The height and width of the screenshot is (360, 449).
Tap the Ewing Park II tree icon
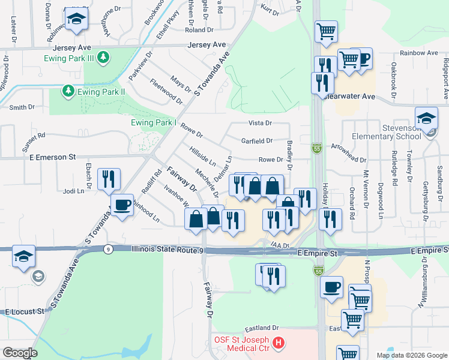68,91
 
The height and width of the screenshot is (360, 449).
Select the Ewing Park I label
154,123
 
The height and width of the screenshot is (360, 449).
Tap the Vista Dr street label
261,122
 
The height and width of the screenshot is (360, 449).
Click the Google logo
20,353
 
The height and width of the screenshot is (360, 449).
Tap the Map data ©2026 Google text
411,355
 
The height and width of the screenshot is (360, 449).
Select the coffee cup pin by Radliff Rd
122,205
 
